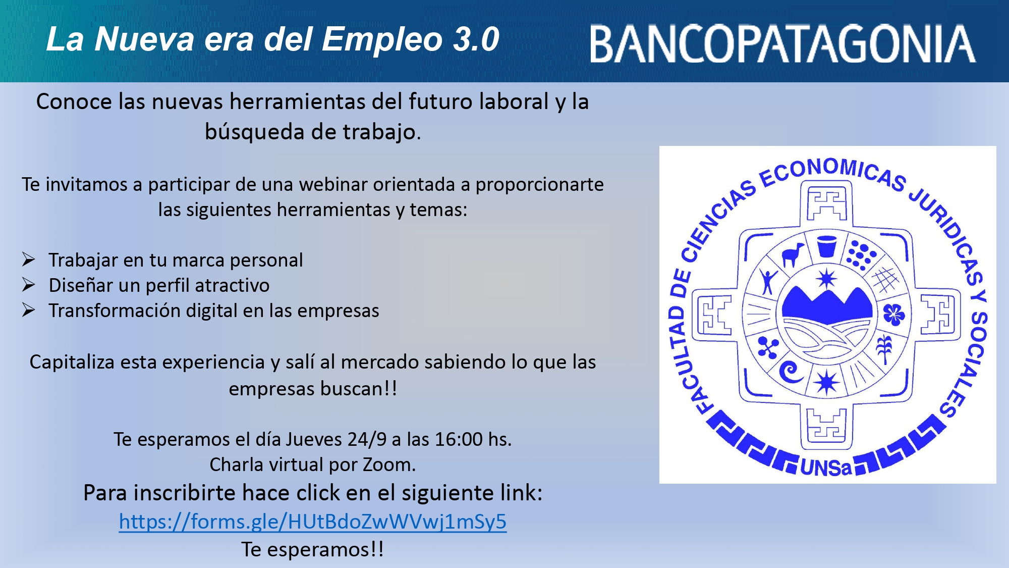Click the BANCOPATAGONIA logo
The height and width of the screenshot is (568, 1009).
(x=782, y=44)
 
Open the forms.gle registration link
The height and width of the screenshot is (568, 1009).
(x=313, y=522)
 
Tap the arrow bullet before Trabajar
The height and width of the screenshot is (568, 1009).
(x=28, y=260)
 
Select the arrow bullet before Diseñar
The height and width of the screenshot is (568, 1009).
(x=28, y=285)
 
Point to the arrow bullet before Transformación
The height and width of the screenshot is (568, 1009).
(x=28, y=310)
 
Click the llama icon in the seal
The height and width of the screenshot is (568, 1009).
(x=792, y=254)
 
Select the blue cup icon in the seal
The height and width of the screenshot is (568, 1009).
(x=826, y=246)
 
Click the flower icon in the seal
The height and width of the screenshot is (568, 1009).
(x=893, y=315)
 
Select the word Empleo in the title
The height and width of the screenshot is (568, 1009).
(x=382, y=39)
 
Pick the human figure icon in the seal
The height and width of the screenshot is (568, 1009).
(x=768, y=281)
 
